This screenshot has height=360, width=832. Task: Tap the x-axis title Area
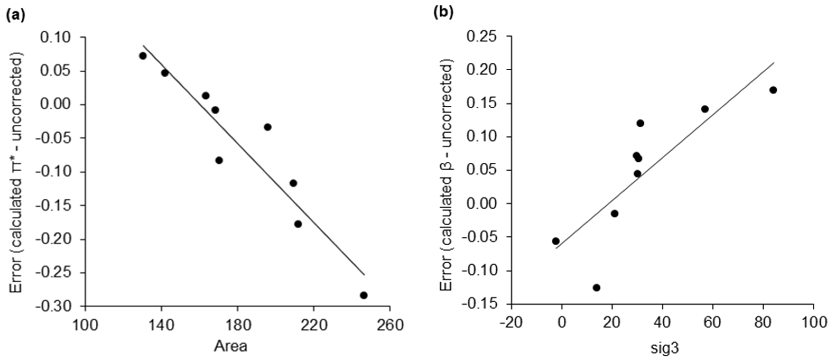click(231, 346)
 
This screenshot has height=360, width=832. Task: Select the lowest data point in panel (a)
click(364, 295)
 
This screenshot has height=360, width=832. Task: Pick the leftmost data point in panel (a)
click(143, 56)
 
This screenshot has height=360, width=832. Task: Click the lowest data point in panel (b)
click(597, 287)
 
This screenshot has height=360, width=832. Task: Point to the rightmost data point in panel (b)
click(773, 90)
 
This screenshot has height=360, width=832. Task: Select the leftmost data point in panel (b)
click(556, 241)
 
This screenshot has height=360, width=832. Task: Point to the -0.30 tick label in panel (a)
click(58, 306)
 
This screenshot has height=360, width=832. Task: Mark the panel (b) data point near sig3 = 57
click(705, 109)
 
